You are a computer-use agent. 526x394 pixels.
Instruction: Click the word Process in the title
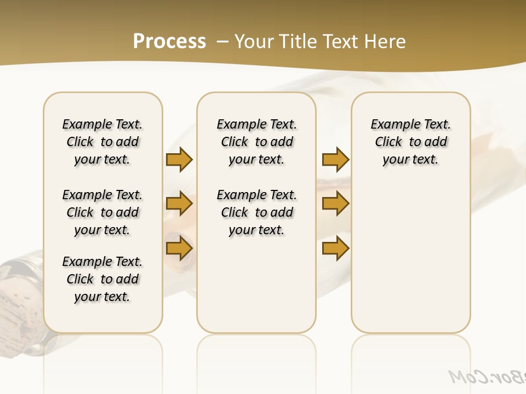(169, 42)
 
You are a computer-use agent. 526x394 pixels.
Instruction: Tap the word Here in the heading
(386, 42)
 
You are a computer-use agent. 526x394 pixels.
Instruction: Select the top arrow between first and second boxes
(179, 159)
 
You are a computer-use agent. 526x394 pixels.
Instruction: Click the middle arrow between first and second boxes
(179, 204)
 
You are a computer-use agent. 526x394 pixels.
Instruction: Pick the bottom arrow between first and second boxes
(179, 248)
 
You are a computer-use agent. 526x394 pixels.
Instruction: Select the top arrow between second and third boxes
(335, 159)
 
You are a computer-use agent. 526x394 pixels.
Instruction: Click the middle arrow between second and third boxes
(335, 204)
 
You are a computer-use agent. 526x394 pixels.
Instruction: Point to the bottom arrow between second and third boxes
(335, 248)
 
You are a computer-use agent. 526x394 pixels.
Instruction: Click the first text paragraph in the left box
(102, 142)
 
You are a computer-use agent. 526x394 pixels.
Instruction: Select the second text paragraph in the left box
(102, 212)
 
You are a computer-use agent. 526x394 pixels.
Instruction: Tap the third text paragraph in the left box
(102, 279)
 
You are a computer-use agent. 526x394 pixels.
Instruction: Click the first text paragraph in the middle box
(257, 142)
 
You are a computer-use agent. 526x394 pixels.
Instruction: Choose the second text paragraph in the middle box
(257, 212)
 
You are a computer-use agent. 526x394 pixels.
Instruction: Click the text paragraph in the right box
(411, 142)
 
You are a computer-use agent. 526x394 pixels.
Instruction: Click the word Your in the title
(255, 42)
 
